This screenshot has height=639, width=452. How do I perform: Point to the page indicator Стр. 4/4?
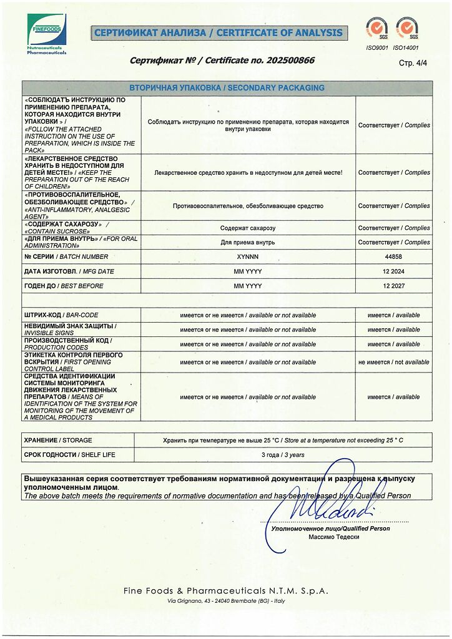tap(413, 63)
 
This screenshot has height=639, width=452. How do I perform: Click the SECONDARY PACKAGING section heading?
tap(227, 88)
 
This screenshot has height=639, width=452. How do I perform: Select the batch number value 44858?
tap(393, 257)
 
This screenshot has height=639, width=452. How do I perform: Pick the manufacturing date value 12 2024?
tap(393, 271)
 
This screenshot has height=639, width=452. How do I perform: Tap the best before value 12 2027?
tap(393, 286)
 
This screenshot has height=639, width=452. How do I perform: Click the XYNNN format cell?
tap(248, 257)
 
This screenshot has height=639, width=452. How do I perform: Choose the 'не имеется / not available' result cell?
tap(393, 362)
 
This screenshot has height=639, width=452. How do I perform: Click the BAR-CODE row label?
tap(61, 315)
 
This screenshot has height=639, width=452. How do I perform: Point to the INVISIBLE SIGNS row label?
tap(70, 329)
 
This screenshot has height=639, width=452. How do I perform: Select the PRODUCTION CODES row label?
tap(67, 344)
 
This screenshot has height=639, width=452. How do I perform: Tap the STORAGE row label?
tap(58, 440)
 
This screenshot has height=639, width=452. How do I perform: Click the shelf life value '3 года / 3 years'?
tap(283, 455)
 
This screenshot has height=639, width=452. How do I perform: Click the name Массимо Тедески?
tap(333, 537)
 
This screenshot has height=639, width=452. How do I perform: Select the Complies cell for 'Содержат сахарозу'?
tap(393, 228)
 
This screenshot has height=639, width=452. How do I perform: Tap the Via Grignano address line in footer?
tap(226, 601)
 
